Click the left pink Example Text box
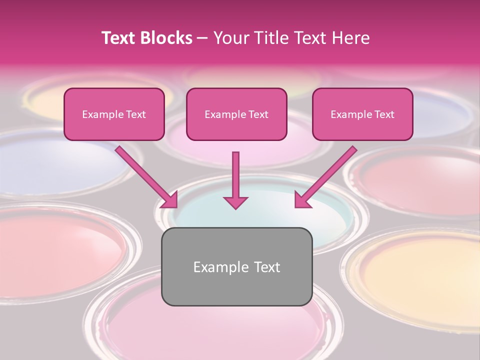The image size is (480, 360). (x=114, y=114)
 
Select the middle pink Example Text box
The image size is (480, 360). (x=236, y=114)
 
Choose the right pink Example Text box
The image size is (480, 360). (x=362, y=114)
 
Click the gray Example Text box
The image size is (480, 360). (x=236, y=266)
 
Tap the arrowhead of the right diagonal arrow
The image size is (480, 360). (x=302, y=200)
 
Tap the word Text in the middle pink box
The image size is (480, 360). (x=258, y=114)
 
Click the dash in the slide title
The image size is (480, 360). (x=202, y=38)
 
